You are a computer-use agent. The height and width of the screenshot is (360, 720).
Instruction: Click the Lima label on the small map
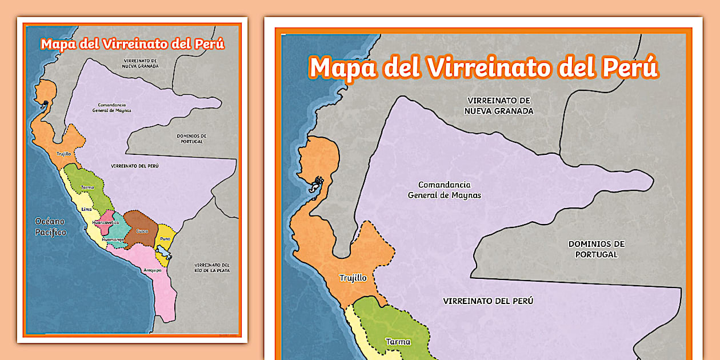tap(86, 209)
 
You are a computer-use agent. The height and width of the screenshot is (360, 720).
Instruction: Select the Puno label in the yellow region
tap(165, 238)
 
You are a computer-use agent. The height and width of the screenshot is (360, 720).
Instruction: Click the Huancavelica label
tap(106, 222)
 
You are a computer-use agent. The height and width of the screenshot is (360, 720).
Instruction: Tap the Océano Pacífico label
tap(50, 227)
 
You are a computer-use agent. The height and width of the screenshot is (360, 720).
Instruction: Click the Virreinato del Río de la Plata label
tap(212, 267)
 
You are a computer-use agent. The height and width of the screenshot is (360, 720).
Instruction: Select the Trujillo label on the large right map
tap(353, 278)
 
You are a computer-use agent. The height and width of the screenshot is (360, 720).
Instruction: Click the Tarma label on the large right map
tap(398, 342)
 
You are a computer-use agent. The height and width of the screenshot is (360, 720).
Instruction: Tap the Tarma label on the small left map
tap(87, 187)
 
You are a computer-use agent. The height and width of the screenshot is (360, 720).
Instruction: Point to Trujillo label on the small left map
tap(63, 153)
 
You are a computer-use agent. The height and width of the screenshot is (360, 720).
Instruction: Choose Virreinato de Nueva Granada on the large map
tap(498, 106)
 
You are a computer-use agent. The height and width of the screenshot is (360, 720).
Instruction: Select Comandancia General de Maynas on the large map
tap(444, 190)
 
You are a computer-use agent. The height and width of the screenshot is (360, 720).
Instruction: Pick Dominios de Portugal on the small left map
tap(191, 138)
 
